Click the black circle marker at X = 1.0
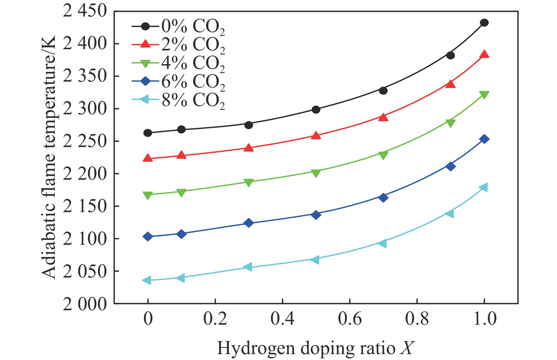[484, 23]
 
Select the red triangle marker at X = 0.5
[316, 136]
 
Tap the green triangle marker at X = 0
[148, 195]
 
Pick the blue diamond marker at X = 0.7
[383, 197]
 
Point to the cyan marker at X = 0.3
[248, 267]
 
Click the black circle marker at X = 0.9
[450, 55]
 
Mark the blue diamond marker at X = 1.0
[484, 139]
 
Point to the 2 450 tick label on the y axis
[84, 11]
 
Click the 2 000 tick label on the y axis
[84, 304]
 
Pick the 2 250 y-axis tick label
[84, 141]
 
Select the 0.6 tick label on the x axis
[350, 319]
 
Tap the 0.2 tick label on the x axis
[215, 319]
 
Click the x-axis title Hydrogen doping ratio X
[315, 348]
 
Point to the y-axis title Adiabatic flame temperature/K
[49, 157]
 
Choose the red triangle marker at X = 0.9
[450, 84]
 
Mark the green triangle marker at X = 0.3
[249, 183]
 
